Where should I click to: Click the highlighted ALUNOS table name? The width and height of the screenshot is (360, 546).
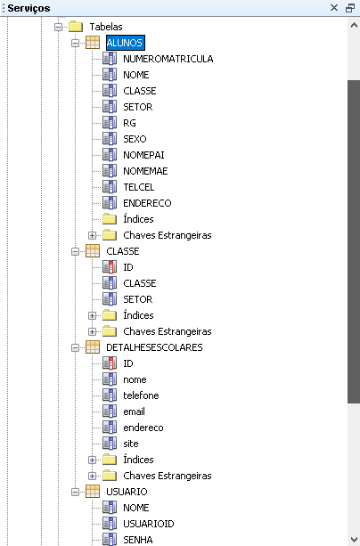(x=125, y=43)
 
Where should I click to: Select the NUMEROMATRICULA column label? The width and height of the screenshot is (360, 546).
(x=168, y=59)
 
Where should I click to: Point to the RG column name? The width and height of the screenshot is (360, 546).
(x=129, y=123)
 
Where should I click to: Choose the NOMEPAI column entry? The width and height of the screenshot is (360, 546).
(x=143, y=155)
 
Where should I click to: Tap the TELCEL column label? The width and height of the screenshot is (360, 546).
(x=139, y=187)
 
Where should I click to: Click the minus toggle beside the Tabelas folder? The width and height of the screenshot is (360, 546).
(x=59, y=27)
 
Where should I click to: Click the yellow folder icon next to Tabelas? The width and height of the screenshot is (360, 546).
(x=76, y=27)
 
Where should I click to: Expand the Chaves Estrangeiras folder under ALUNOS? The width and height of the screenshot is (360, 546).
(x=92, y=235)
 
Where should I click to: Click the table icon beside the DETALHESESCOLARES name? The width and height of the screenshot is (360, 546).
(x=93, y=347)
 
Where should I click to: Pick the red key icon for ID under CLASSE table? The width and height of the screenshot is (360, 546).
(x=110, y=267)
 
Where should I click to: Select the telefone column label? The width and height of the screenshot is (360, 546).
(x=141, y=395)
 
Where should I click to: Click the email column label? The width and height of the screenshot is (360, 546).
(x=135, y=412)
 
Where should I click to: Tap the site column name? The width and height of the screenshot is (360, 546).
(x=131, y=444)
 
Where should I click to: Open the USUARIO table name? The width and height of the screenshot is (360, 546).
(x=127, y=492)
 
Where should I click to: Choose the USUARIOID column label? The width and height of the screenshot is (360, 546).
(x=149, y=524)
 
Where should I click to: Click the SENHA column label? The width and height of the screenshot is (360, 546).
(x=138, y=540)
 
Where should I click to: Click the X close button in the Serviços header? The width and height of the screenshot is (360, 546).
(x=334, y=8)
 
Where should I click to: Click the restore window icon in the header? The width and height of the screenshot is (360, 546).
(x=350, y=8)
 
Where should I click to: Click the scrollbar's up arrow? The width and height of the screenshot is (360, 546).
(x=354, y=25)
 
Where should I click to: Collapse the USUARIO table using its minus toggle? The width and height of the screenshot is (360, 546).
(x=75, y=492)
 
